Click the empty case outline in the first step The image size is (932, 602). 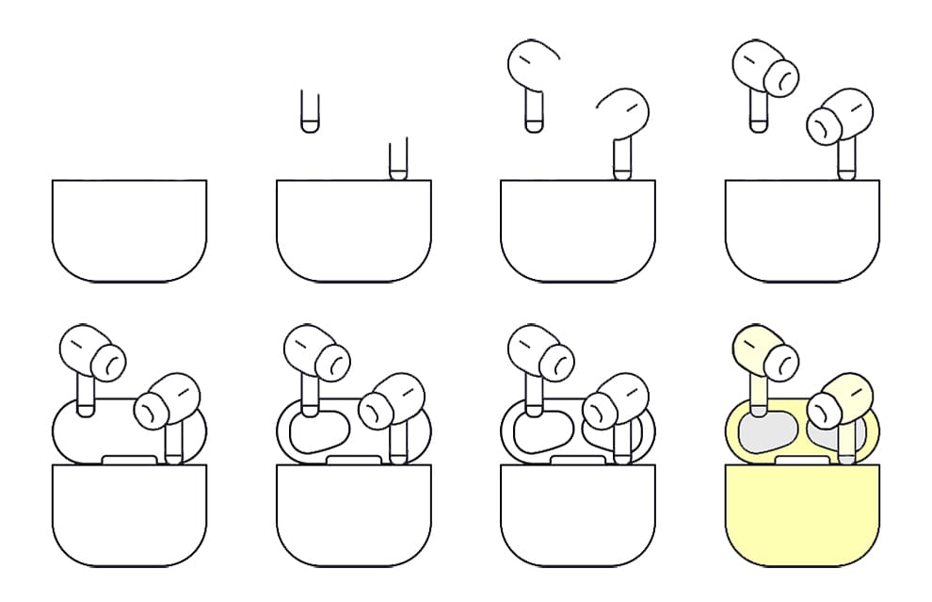(x=129, y=230)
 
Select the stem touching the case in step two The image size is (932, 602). (x=398, y=159)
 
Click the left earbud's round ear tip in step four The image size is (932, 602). (x=781, y=74)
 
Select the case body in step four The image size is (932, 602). (x=804, y=230)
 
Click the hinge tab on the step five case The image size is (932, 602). (x=129, y=460)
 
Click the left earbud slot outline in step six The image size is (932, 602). (x=317, y=435)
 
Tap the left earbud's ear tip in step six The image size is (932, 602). (x=332, y=359)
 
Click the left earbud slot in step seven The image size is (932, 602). (x=541, y=435)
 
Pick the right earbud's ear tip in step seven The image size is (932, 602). (x=600, y=408)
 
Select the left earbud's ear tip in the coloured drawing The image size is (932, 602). (x=781, y=359)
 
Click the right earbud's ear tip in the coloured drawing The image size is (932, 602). (x=825, y=408)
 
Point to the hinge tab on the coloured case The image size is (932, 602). (x=804, y=460)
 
